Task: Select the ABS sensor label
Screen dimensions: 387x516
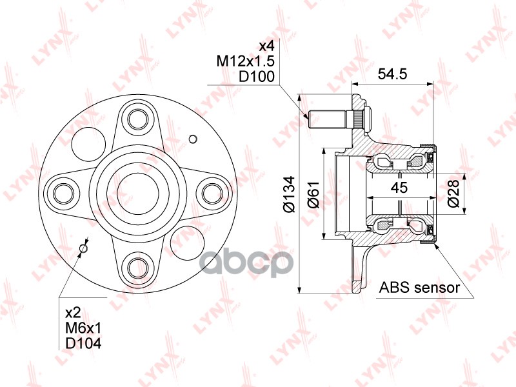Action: click(419, 288)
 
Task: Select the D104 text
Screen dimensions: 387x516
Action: click(83, 343)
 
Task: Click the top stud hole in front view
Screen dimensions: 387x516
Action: click(137, 118)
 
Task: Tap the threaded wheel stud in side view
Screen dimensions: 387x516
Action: click(329, 119)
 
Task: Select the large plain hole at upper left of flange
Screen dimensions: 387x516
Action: click(87, 141)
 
